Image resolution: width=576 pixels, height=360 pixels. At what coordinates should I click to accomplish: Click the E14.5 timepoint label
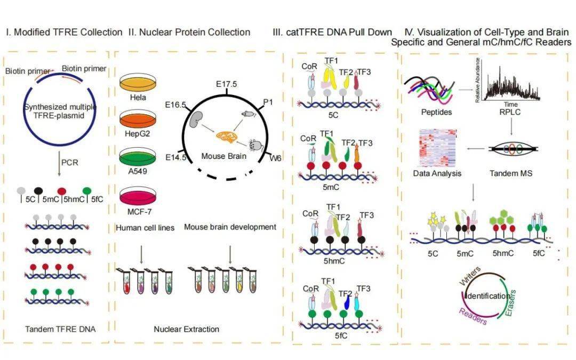[x=176, y=158]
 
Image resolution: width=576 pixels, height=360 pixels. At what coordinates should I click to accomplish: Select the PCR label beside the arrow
[x=69, y=162]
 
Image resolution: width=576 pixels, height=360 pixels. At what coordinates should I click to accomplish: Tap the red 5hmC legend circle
[x=62, y=191]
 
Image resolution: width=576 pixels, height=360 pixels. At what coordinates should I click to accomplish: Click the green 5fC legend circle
[x=87, y=190]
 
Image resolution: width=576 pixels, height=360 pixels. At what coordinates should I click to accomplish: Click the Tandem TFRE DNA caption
[x=60, y=329]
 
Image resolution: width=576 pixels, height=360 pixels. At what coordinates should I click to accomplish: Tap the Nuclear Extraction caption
[x=186, y=329]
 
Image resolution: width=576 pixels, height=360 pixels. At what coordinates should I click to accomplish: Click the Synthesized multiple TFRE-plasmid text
[x=60, y=111]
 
